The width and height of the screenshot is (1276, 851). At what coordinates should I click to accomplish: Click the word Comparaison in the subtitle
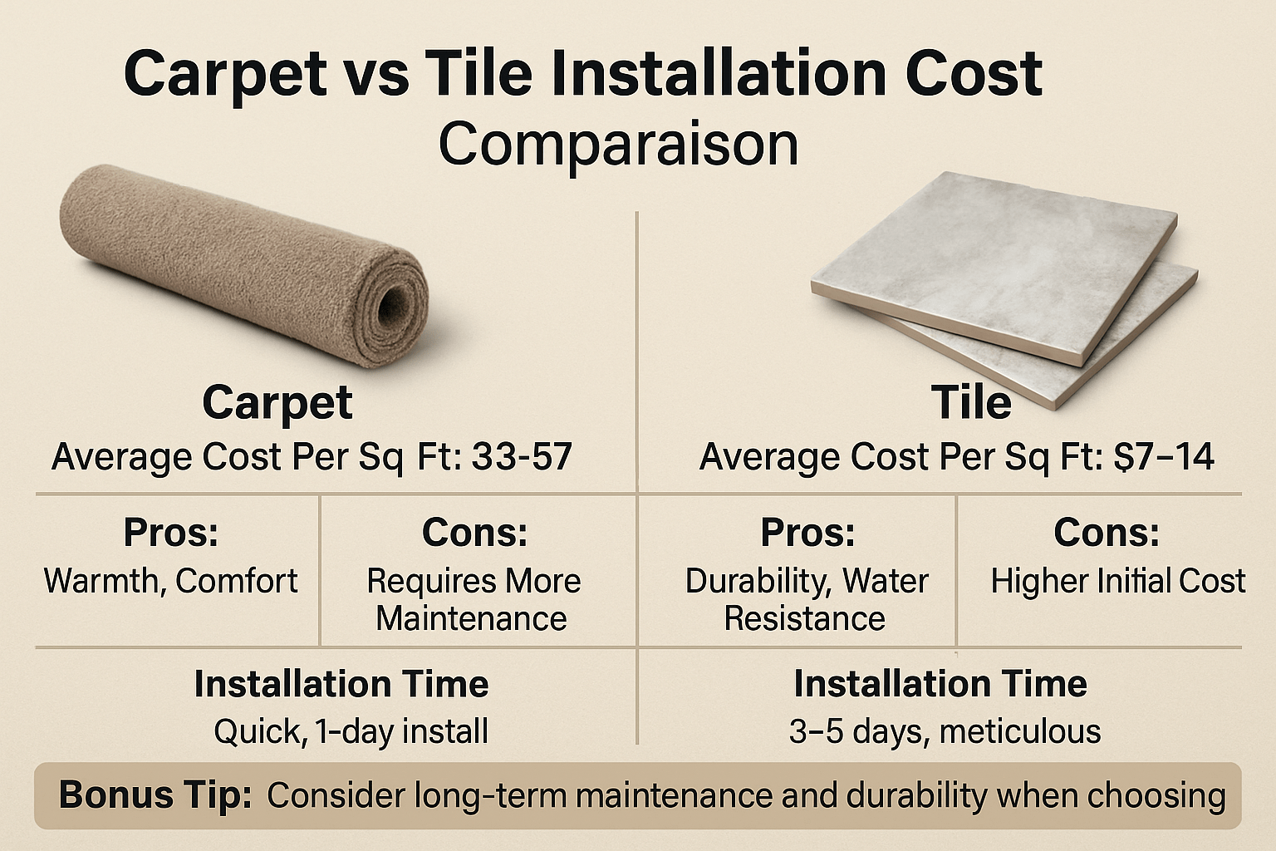pyautogui.click(x=618, y=145)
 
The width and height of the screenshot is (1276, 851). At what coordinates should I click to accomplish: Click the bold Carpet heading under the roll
pyautogui.click(x=277, y=404)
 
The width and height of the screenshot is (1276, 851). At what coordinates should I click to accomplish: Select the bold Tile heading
pyautogui.click(x=971, y=402)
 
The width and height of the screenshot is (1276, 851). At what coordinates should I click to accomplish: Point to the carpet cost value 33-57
pyautogui.click(x=522, y=456)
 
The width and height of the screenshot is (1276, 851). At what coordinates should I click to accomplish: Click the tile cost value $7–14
pyautogui.click(x=1164, y=456)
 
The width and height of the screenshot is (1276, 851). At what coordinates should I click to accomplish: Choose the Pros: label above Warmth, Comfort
pyautogui.click(x=171, y=533)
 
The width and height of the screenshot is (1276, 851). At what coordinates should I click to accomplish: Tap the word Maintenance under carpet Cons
pyautogui.click(x=472, y=619)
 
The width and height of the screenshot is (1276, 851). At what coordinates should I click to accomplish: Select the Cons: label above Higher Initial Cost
pyautogui.click(x=1107, y=533)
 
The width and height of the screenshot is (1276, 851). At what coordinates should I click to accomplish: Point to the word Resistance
pyautogui.click(x=805, y=619)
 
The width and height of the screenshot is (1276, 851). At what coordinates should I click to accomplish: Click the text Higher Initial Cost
pyautogui.click(x=1118, y=582)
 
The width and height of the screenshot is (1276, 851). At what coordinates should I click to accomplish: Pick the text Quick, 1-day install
pyautogui.click(x=351, y=731)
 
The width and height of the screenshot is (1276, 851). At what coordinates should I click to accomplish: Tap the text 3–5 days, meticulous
pyautogui.click(x=945, y=731)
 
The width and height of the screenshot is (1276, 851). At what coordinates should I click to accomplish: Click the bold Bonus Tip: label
pyautogui.click(x=155, y=795)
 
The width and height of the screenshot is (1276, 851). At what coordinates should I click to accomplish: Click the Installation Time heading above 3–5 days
pyautogui.click(x=940, y=683)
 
